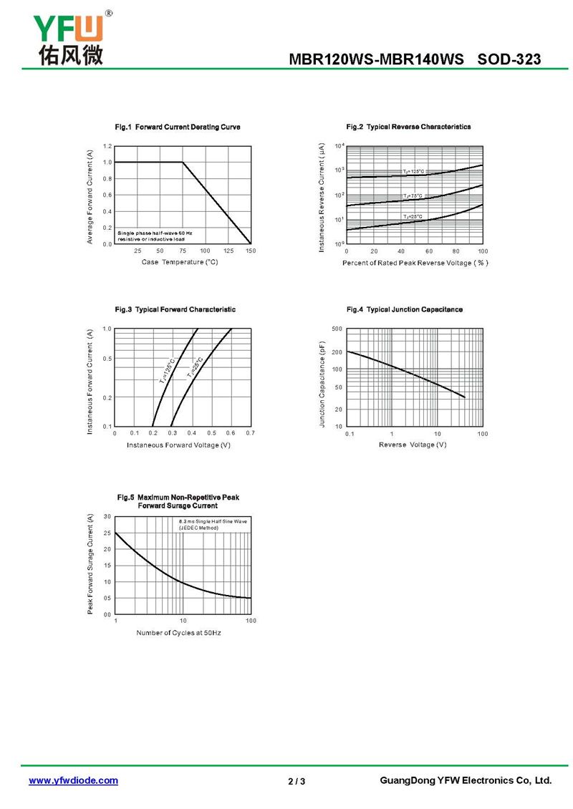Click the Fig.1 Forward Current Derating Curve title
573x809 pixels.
pos(178,127)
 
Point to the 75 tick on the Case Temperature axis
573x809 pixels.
pos(183,251)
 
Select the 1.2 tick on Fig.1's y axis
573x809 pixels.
pos(107,146)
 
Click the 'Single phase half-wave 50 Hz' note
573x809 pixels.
pos(155,233)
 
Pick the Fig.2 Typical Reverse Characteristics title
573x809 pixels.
pos(408,127)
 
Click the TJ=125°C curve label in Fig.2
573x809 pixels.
pos(413,172)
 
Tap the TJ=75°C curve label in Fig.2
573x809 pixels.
pos(413,195)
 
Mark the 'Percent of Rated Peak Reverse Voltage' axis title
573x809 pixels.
pos(415,263)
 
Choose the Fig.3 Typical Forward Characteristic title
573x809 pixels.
pos(175,309)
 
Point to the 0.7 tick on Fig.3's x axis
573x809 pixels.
pos(250,434)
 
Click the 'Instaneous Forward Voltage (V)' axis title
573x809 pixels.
pos(178,445)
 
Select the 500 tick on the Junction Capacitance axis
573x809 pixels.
pos(338,329)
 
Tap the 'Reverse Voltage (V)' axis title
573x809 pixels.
pos(413,445)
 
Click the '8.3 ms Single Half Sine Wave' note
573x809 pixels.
pos(213,522)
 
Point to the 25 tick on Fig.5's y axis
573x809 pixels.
pos(107,533)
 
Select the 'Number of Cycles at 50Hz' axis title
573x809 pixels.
pos(178,633)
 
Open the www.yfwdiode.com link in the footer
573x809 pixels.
pos(73,780)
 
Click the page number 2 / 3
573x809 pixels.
pos(297,781)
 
